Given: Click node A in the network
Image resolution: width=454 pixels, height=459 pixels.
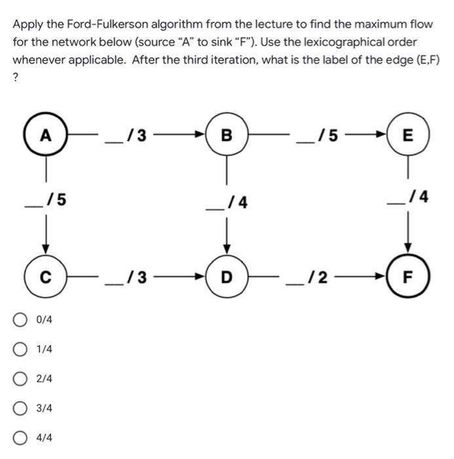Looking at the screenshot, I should pos(45,136).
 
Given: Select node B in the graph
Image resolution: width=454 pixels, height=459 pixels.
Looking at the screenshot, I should pos(227,136).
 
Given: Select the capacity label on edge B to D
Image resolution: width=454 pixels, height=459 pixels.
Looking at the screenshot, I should pos(227,203).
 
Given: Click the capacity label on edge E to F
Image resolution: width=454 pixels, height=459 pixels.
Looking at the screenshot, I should pos(408,196).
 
